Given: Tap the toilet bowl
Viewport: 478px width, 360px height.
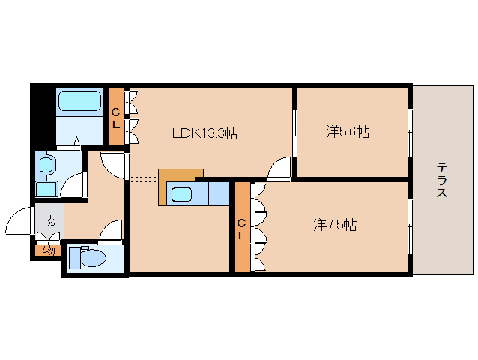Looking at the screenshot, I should click(88, 257).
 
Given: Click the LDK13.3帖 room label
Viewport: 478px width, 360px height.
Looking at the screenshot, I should click(205, 133).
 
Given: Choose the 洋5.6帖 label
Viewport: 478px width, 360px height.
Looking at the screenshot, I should click(347, 132).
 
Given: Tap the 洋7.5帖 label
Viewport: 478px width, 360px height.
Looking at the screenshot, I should click(334, 224).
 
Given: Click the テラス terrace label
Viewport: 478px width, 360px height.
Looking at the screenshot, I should click(442, 180).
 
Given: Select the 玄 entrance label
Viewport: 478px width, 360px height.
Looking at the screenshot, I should click(49, 220).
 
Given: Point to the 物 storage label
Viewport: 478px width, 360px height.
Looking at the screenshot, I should click(49, 250).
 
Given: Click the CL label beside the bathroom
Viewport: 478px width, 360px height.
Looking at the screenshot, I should click(116, 118).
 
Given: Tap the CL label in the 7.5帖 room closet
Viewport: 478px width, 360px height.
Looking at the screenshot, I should click(242, 229).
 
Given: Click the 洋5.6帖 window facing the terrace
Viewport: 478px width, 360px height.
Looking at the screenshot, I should click(410, 131).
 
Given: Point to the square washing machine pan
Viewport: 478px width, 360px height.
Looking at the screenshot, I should click(47, 189).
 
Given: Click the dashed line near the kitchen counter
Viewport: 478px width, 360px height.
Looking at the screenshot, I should click(143, 178).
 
